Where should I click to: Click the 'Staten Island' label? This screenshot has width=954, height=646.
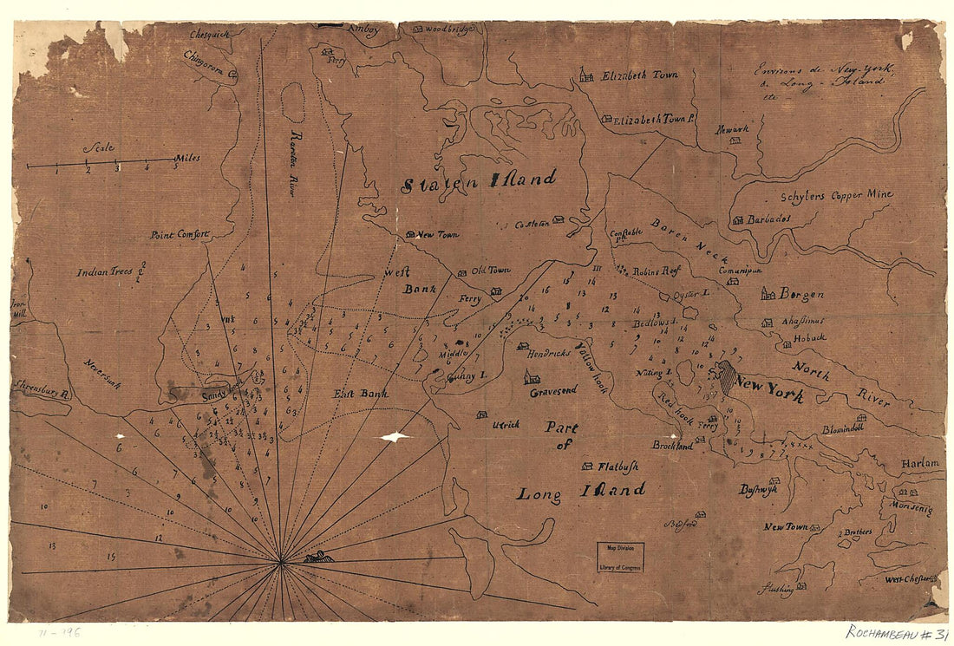point(478,180)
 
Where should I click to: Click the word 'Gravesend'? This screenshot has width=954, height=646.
point(553,392)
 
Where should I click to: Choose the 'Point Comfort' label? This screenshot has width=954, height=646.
point(180,234)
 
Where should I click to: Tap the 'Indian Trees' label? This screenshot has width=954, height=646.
point(105,271)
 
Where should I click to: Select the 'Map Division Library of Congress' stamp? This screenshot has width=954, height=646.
point(620,557)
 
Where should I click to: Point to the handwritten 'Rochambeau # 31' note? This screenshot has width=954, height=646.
point(896,633)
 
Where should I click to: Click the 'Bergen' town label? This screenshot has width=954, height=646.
point(800,294)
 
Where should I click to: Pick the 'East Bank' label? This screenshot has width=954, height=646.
point(361,394)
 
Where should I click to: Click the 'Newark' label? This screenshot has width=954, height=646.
point(731,129)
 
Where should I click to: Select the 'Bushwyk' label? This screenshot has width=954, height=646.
point(758,489)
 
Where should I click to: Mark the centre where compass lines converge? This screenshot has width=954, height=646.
point(281,563)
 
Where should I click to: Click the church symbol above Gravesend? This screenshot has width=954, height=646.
point(532,376)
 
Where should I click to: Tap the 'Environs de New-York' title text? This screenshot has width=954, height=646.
point(824,75)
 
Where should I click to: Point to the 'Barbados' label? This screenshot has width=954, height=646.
point(768,219)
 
